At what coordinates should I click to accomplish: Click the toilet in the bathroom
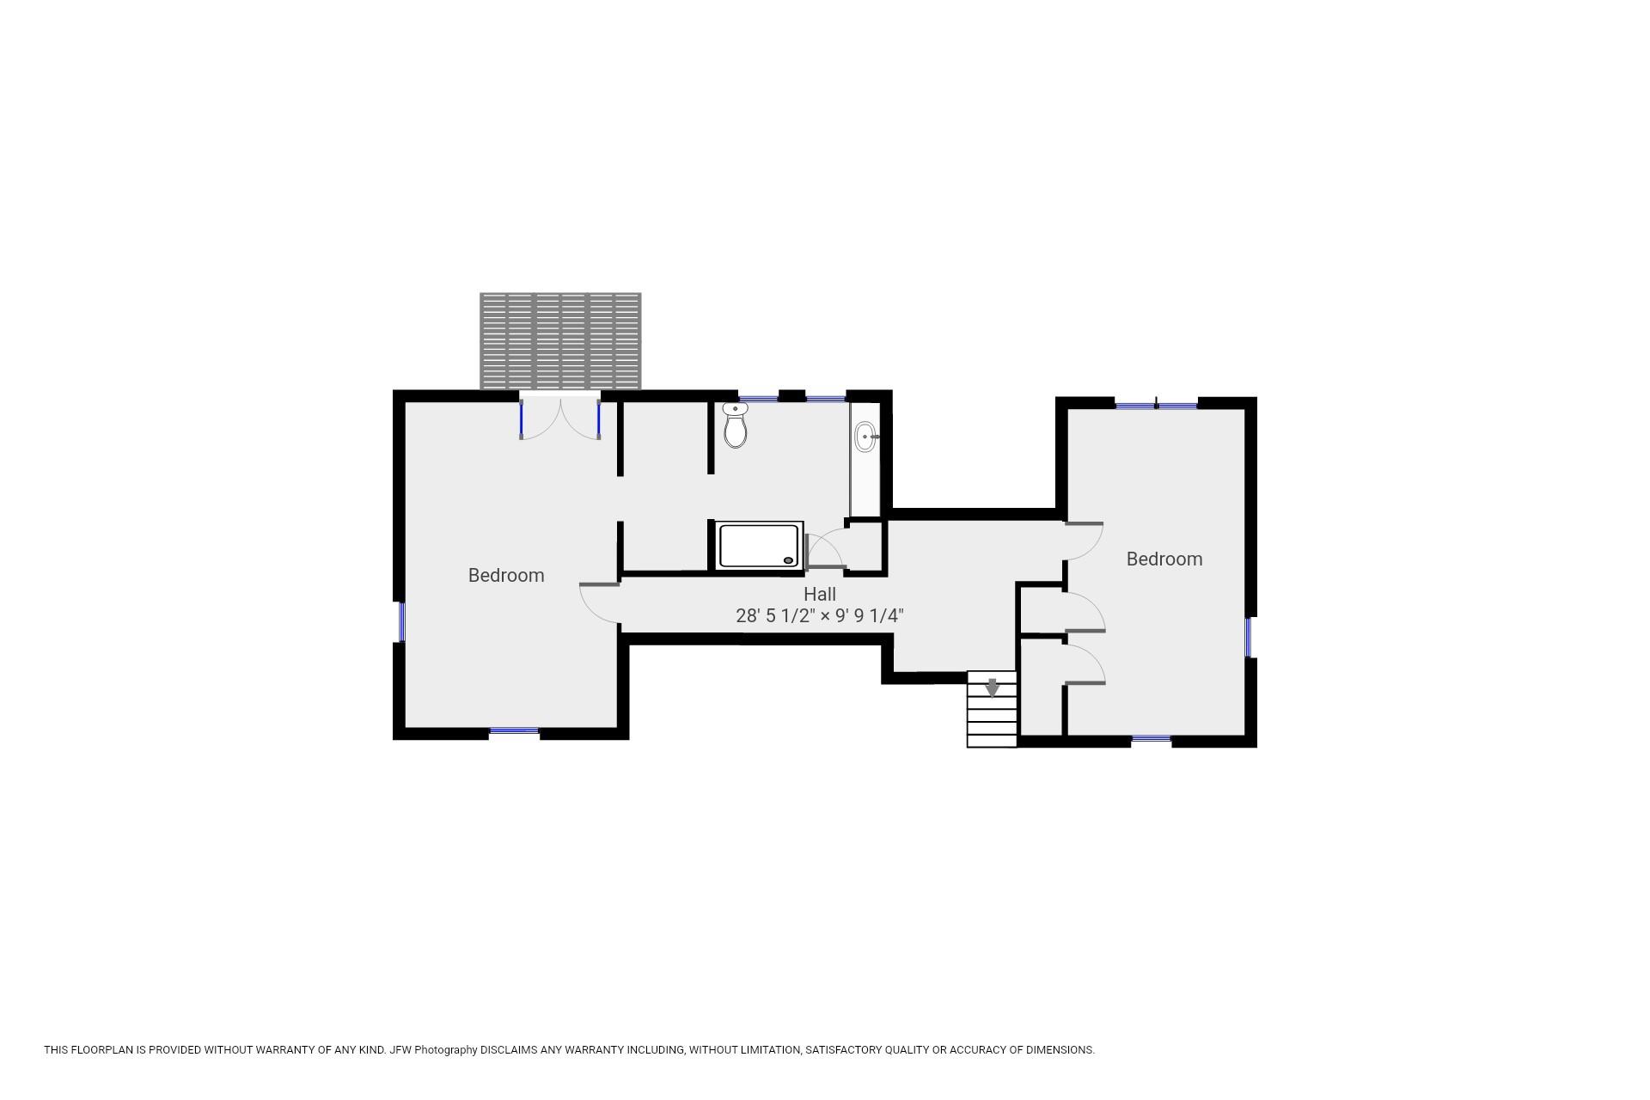point(735,426)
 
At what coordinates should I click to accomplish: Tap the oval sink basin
point(865,437)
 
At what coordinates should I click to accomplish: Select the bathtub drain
point(788,560)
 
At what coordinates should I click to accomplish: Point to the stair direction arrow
point(992,687)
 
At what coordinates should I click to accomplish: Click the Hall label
point(819,594)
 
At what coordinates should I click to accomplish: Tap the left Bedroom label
point(505,576)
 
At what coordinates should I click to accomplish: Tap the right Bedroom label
point(1164,559)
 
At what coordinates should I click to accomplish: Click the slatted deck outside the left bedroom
point(560,340)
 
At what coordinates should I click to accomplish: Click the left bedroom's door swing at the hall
point(599,602)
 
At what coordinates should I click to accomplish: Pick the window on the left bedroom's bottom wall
point(514,731)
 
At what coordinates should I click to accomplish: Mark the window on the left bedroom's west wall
point(401,621)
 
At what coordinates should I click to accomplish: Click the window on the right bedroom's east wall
point(1249,637)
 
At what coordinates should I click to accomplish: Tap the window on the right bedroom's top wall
point(1156,405)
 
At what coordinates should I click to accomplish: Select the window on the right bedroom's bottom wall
point(1151,738)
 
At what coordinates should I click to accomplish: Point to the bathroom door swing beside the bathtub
point(825,550)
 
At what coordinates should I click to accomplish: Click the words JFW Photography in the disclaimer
point(433,1049)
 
